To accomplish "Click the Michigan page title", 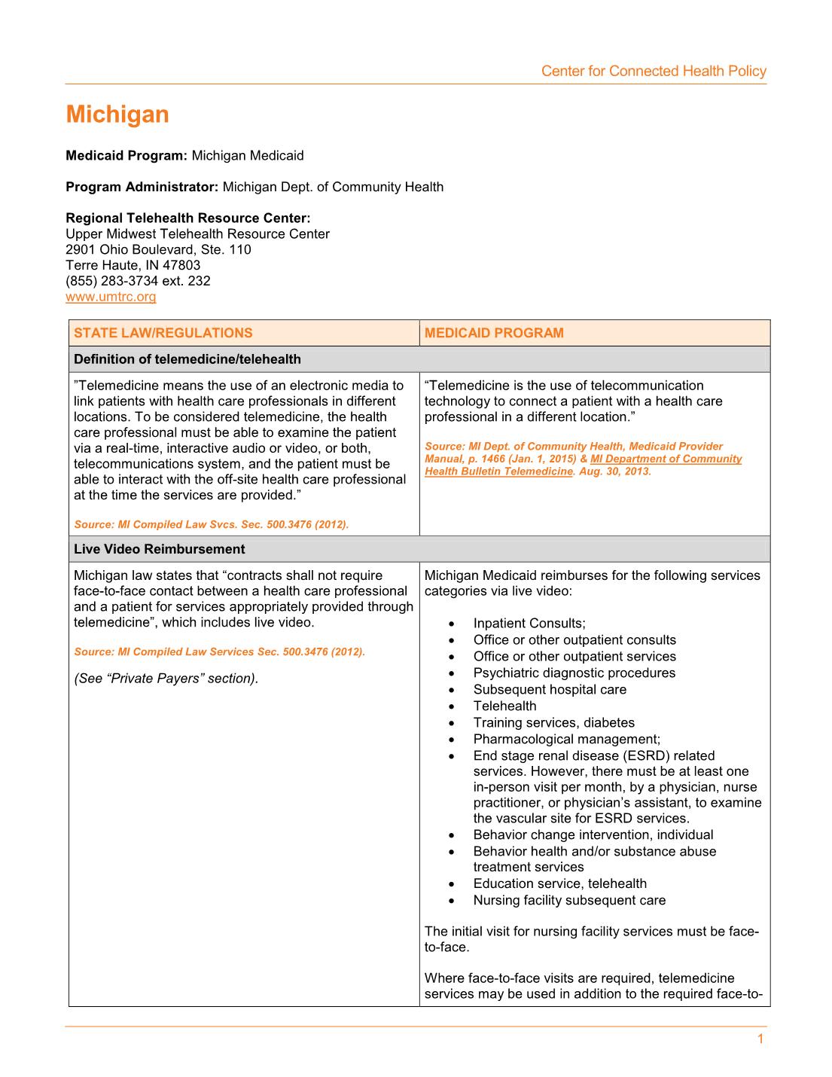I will pyautogui.click(x=117, y=114).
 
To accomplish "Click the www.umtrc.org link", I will pyautogui.click(x=111, y=297).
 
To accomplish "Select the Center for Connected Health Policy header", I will pyautogui.click(x=654, y=72).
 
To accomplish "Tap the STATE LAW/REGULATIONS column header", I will pyautogui.click(x=163, y=333).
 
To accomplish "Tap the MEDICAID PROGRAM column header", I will pyautogui.click(x=494, y=333).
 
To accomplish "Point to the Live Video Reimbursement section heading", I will pyautogui.click(x=160, y=549).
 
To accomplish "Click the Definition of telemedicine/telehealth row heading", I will pyautogui.click(x=187, y=359).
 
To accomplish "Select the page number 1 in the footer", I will pyautogui.click(x=760, y=1039).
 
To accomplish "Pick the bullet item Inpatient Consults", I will pyautogui.click(x=529, y=623).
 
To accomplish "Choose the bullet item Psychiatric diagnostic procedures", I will pyautogui.click(x=574, y=673).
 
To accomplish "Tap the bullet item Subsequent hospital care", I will pyautogui.click(x=550, y=689).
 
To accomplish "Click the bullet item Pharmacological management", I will pyautogui.click(x=567, y=739).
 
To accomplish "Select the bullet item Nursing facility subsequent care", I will pyautogui.click(x=569, y=900).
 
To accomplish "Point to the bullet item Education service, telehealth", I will pyautogui.click(x=560, y=883).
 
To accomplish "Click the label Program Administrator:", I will pyautogui.click(x=142, y=187).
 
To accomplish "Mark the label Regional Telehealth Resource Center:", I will pyautogui.click(x=188, y=218).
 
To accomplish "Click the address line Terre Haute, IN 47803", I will pyautogui.click(x=133, y=265).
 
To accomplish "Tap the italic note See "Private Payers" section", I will pyautogui.click(x=166, y=679).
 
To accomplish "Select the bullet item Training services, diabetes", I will pyautogui.click(x=554, y=722).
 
